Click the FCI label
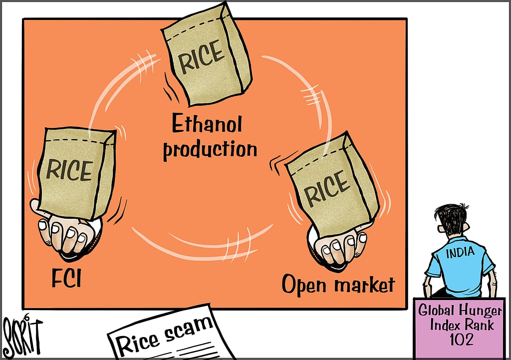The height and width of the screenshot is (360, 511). click(x=66, y=278)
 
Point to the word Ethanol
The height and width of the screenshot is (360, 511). click(x=207, y=124)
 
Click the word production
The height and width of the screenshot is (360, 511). click(x=210, y=149)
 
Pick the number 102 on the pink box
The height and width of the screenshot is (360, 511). click(x=462, y=340)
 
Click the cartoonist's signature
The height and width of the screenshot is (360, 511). click(x=22, y=336)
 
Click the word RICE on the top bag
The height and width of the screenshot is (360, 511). click(x=201, y=56)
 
